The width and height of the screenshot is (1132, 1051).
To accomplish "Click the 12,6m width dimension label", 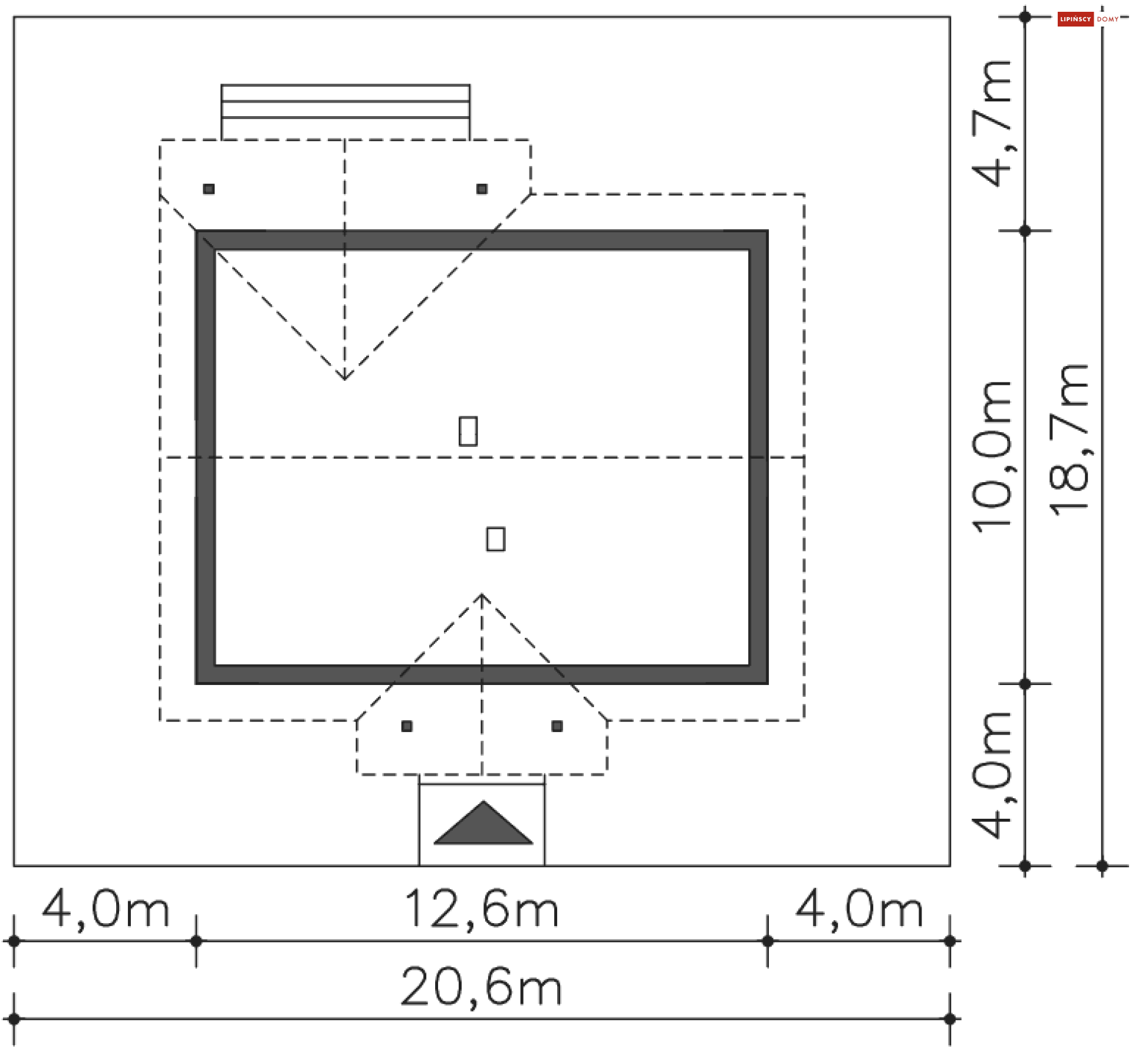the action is coord(482,910).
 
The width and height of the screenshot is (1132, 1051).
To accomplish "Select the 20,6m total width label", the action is coord(481,987).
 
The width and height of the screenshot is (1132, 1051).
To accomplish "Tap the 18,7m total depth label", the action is coord(1068,440).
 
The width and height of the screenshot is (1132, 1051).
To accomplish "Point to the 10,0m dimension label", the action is coord(991,457).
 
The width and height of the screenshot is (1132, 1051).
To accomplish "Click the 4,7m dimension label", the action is coord(991,123).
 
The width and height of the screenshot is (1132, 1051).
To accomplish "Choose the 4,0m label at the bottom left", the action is coord(106,910).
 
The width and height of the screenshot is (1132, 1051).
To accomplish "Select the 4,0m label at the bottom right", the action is coord(859,910).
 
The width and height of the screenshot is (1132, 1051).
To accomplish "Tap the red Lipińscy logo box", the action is coord(1075,19).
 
